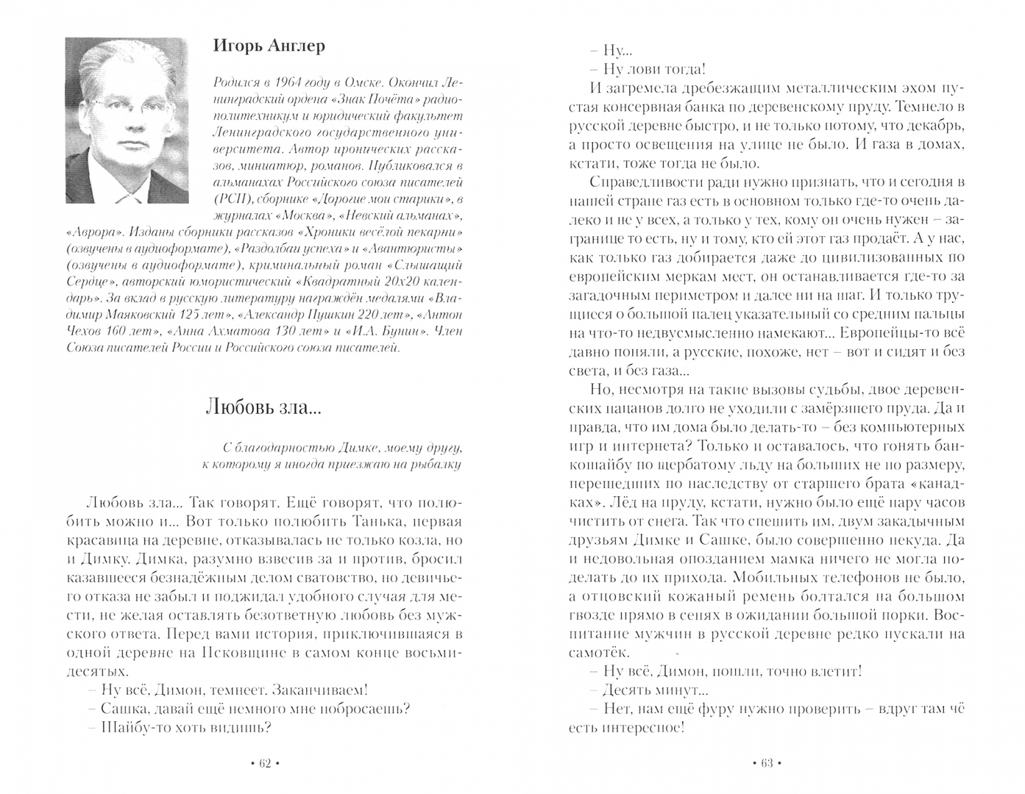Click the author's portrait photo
point(127,120)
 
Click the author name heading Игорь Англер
point(269,46)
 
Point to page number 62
point(266,764)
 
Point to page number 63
point(765,764)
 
